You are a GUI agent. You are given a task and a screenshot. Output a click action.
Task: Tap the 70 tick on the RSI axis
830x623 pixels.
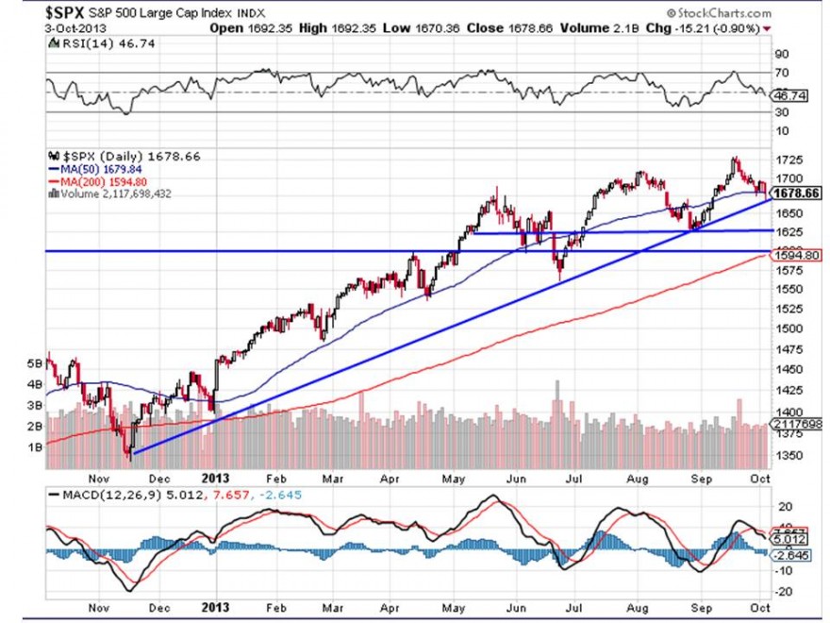(x=782, y=72)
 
